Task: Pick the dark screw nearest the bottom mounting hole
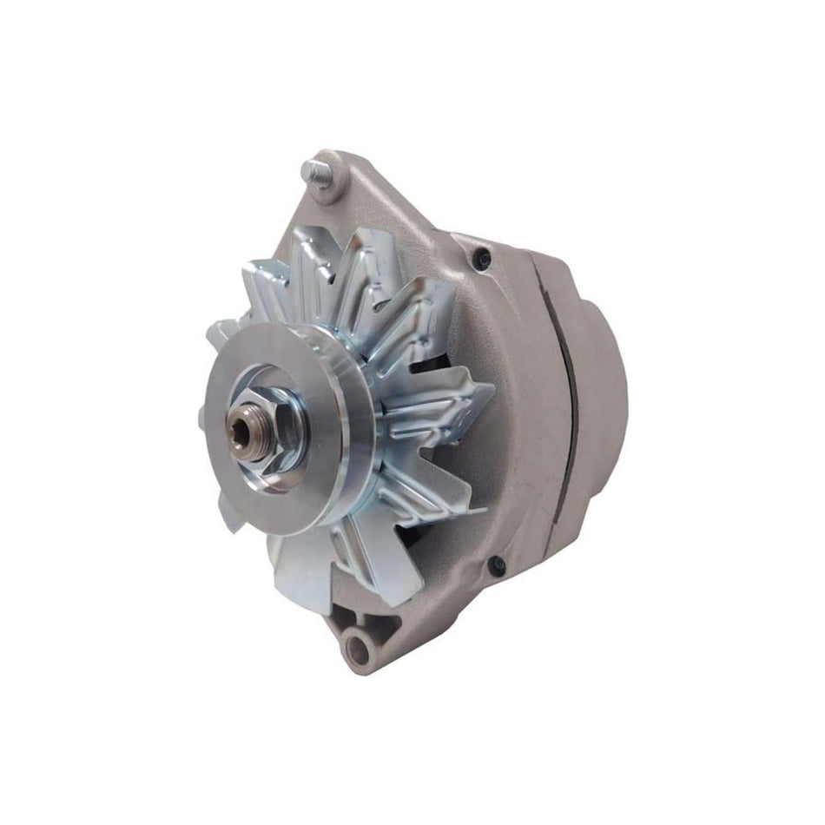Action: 498,566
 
